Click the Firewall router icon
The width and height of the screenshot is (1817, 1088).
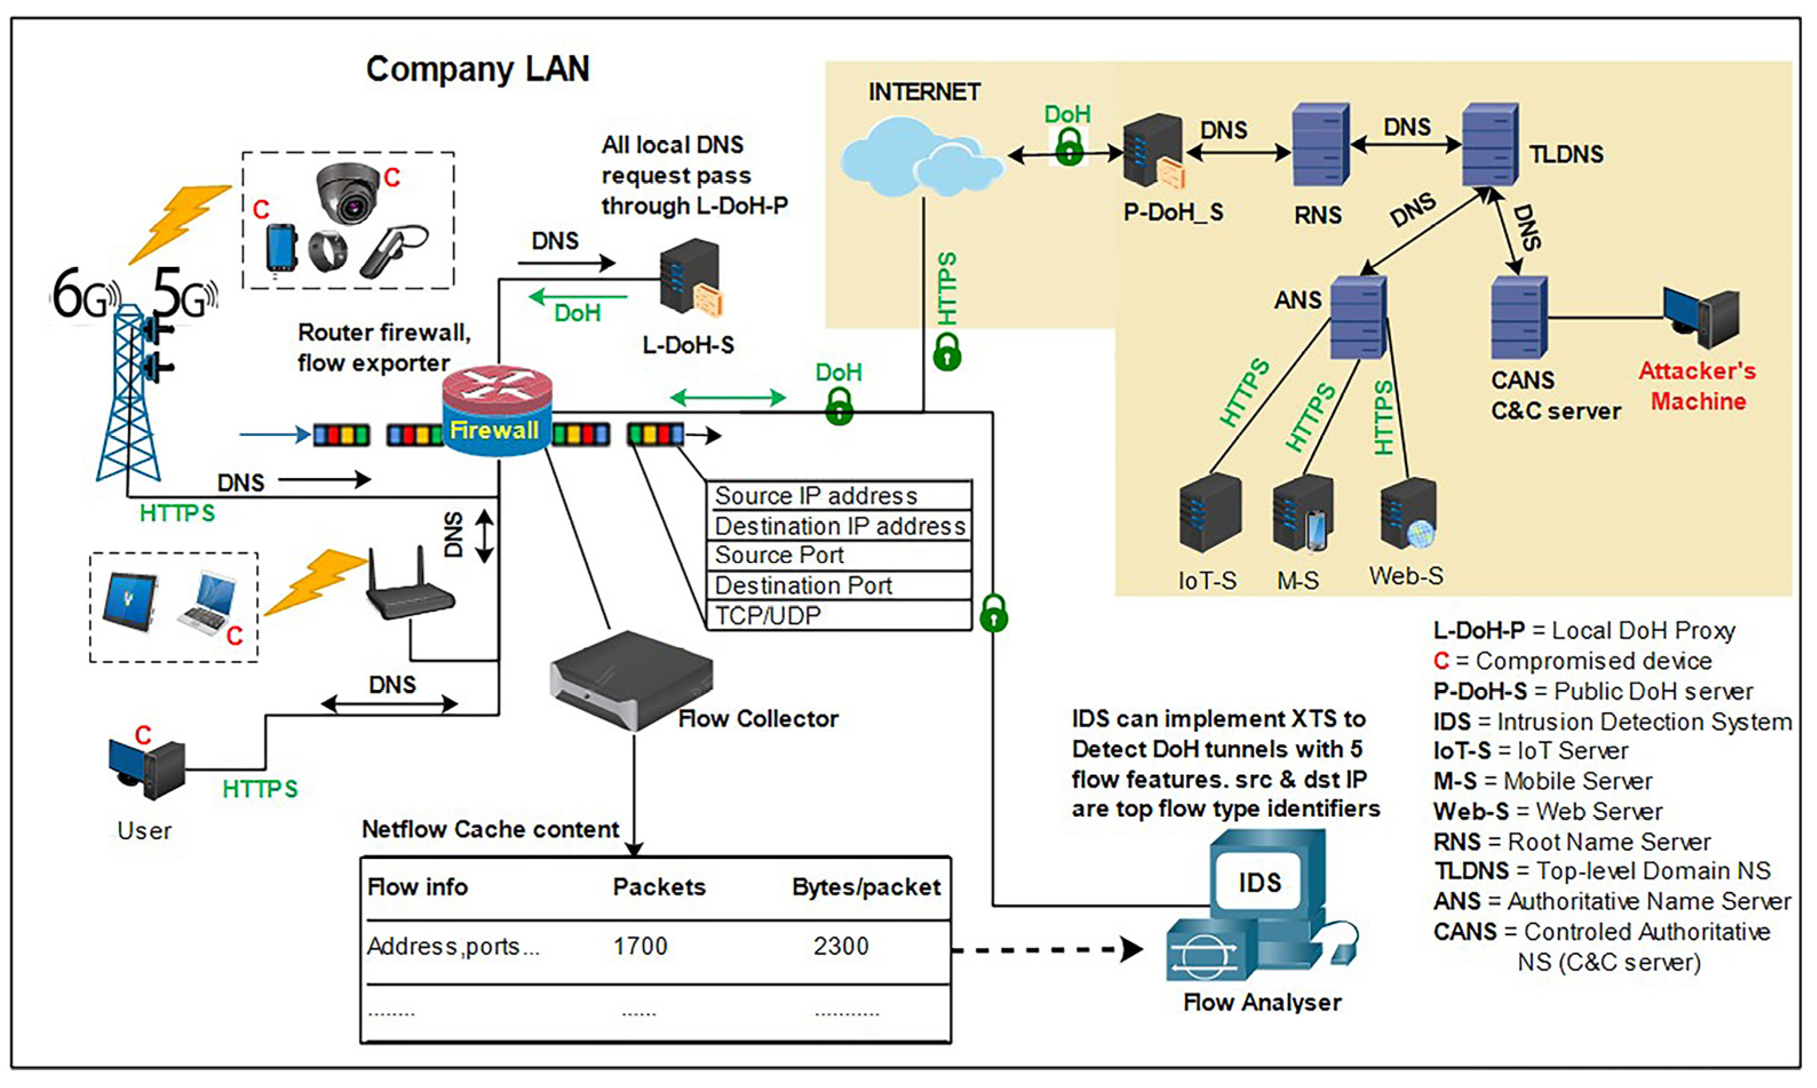click(497, 411)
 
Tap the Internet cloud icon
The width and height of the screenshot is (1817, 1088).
click(921, 158)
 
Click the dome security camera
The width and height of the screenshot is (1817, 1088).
click(348, 192)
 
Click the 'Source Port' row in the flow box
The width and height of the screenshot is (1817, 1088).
click(839, 556)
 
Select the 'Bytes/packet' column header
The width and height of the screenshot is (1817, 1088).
click(866, 887)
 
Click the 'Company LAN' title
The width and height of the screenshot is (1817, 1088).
click(477, 69)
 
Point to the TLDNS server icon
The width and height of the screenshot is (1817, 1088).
click(1490, 145)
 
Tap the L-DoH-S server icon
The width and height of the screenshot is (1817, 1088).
click(689, 277)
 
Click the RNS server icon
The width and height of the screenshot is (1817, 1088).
click(1320, 145)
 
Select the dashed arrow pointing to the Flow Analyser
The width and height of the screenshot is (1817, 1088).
click(1048, 950)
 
